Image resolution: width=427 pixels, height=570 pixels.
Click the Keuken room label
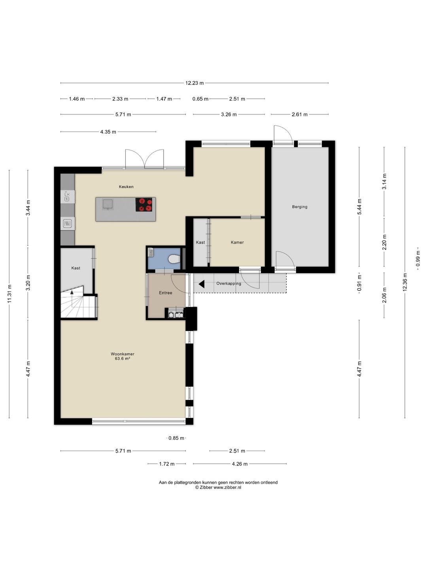126,187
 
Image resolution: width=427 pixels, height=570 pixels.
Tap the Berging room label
300,207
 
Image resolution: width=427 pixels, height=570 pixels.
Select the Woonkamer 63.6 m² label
123,356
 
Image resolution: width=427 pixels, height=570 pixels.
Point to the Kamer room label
237,242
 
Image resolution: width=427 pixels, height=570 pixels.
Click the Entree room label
165,293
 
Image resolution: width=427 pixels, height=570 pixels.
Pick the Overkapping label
229,283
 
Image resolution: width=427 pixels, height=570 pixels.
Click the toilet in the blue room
174,259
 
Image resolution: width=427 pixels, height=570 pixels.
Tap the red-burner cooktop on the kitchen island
145,205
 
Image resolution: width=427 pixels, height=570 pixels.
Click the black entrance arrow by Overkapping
201,284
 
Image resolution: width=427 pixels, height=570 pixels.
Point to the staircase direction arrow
72,293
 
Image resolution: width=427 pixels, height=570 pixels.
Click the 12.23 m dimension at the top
195,83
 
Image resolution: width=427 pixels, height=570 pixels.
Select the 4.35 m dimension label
108,132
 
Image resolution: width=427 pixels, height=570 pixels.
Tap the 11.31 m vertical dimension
9,294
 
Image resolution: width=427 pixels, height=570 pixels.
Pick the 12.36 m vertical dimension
405,282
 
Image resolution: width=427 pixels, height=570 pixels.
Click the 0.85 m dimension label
176,438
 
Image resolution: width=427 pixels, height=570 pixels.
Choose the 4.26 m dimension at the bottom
240,464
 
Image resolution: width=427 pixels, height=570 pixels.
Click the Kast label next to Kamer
200,242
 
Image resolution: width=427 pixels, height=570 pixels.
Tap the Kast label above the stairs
76,268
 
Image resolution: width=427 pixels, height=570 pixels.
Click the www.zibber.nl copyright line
218,488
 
